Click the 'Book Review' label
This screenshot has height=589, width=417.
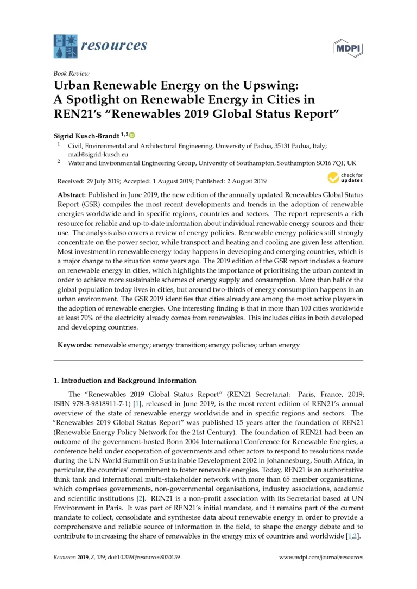tap(71, 74)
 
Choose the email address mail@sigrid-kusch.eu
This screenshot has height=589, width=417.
tap(92, 154)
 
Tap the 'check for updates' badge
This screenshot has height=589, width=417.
tap(345, 178)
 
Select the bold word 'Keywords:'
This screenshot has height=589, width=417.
tap(75, 345)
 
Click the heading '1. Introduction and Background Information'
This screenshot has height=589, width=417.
tap(127, 381)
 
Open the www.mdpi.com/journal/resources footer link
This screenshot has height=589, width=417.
tap(320, 556)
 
